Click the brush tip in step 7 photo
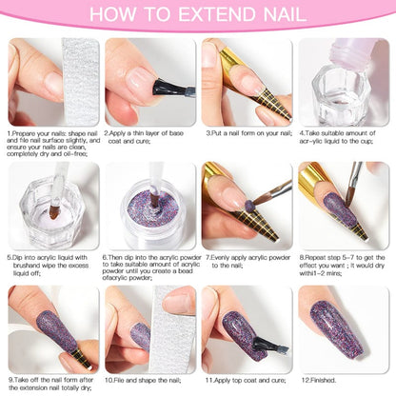tap(257, 202)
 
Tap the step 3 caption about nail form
tap(247, 133)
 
